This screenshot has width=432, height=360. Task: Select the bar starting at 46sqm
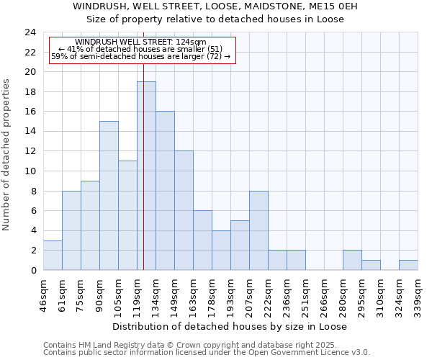[x=53, y=255]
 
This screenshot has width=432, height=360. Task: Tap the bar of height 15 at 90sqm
[x=109, y=195]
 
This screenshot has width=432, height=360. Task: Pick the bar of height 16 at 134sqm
[x=165, y=191]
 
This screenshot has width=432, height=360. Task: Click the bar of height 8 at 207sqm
[x=258, y=230]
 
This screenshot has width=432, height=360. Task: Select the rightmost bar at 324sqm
[x=408, y=265]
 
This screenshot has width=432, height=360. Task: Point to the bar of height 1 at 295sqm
[x=371, y=265]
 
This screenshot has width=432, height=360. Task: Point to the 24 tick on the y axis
[x=30, y=32]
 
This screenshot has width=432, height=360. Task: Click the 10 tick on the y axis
[x=30, y=171]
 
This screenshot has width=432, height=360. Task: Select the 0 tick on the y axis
[x=32, y=270]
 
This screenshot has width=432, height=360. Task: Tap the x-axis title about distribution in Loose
[x=230, y=327]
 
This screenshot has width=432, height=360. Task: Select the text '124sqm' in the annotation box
[x=190, y=42]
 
